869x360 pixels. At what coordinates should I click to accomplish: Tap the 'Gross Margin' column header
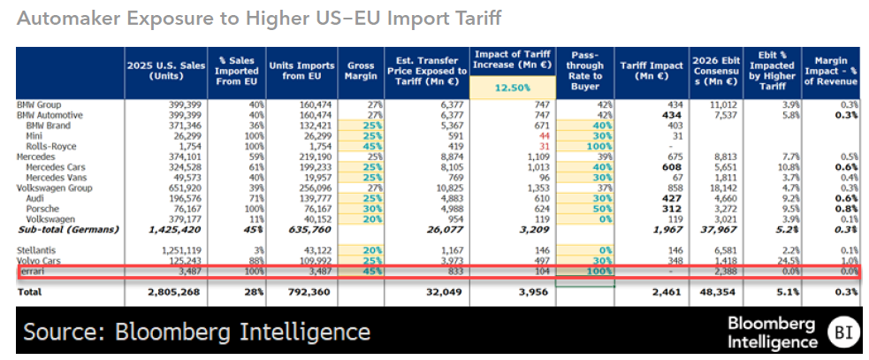(x=360, y=71)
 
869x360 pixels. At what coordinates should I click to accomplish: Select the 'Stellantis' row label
(x=36, y=250)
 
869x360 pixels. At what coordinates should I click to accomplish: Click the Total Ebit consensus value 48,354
(x=717, y=290)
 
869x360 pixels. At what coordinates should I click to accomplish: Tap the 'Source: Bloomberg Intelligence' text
(x=196, y=333)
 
